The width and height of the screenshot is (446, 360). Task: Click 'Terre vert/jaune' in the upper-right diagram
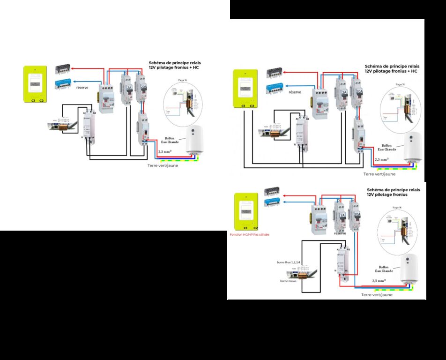tap(379, 174)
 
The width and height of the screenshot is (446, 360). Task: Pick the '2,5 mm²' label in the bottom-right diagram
tap(379, 281)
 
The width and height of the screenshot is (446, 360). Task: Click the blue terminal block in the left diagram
tap(62, 83)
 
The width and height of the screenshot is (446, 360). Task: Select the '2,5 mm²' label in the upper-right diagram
tap(382, 160)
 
